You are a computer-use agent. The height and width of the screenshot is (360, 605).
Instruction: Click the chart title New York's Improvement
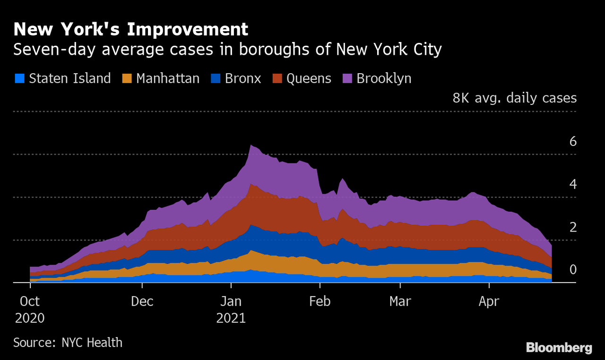tap(130, 29)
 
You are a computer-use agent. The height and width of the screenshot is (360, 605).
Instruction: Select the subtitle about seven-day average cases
tap(227, 49)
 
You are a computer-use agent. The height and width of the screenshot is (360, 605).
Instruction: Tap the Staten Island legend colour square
tap(20, 78)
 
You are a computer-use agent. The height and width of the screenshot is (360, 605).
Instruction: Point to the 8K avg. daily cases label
tap(514, 98)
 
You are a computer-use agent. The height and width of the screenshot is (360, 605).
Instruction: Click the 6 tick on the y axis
tap(573, 141)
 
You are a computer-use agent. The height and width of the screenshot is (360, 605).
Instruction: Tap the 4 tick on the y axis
tap(573, 184)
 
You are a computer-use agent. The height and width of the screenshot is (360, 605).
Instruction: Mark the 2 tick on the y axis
tap(573, 227)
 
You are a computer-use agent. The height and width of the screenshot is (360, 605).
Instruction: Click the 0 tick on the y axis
tap(573, 270)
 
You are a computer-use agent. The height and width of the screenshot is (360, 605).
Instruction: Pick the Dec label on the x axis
tap(142, 301)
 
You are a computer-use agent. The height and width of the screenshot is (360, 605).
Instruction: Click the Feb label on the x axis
tap(320, 301)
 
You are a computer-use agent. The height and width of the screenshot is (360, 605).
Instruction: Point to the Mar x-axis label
tap(400, 301)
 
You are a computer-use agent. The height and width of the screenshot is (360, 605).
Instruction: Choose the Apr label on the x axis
tap(489, 301)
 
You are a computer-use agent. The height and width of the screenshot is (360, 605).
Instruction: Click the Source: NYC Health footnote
tap(68, 342)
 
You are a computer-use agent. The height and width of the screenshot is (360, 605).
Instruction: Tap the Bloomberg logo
tap(559, 348)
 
